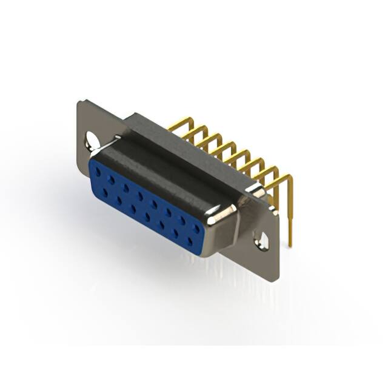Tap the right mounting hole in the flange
tap(263, 241)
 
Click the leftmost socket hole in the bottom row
tap(105, 192)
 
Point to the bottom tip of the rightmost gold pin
tap(290, 245)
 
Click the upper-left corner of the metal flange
tap(80, 102)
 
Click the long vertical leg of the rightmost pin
tap(290, 212)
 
